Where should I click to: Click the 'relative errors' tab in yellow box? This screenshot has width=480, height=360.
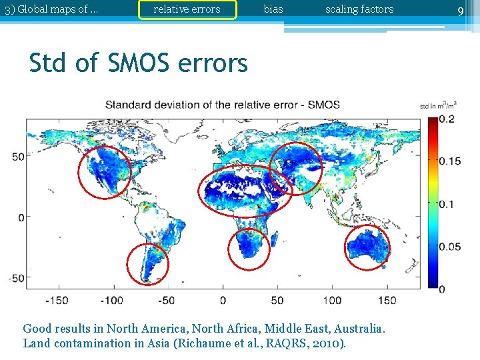pos(187,9)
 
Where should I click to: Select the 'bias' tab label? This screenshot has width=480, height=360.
pos(273,9)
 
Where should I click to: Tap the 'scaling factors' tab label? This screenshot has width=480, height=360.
pos(359,9)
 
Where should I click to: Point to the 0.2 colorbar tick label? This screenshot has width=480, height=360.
pos(447,119)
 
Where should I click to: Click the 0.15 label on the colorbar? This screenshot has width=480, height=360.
pos(449,161)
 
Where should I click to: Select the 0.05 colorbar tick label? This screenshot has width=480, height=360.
pos(449,247)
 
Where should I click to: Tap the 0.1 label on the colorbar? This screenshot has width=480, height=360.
pos(447,204)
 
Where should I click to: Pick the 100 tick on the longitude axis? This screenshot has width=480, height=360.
pos(332,300)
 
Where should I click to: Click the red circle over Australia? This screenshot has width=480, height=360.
pos(367,247)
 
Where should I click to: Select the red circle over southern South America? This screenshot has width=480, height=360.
pos(147,265)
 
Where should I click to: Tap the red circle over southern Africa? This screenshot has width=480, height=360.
pos(249,249)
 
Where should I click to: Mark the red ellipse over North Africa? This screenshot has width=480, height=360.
pos(245,191)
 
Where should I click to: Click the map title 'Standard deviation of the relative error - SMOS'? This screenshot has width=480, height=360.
pos(223,105)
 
